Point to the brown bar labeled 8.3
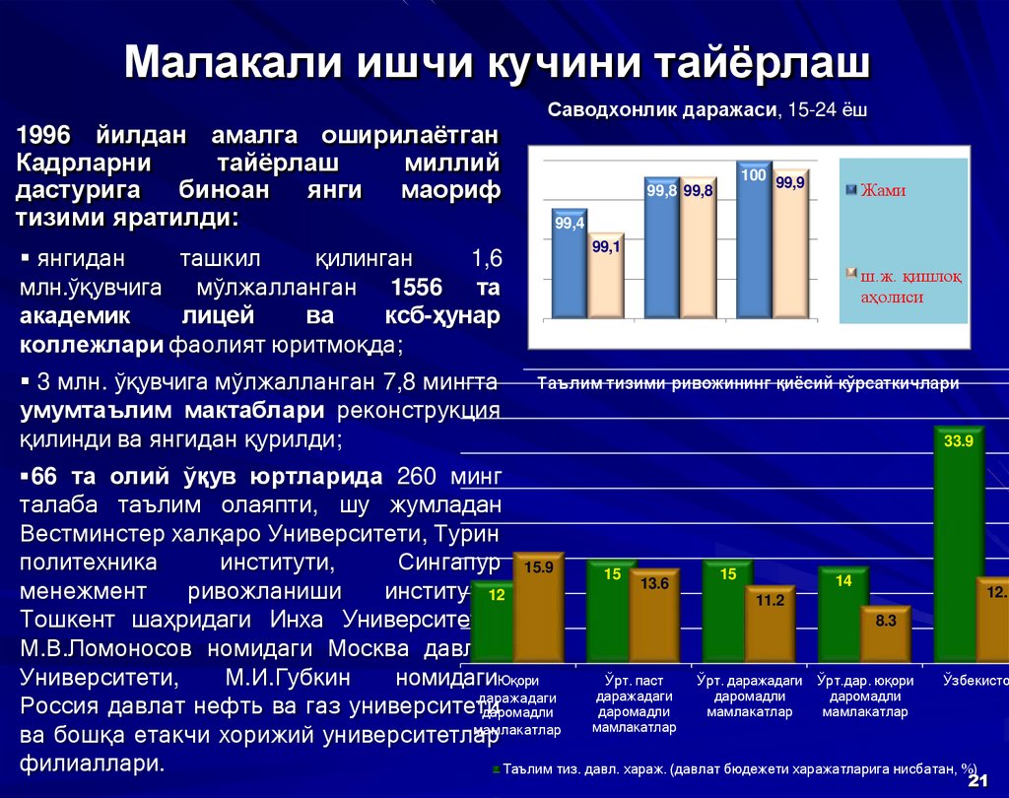885,634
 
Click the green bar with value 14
842,615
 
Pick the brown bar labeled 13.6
654,616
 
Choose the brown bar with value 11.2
770,625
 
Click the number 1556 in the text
417,288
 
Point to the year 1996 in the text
46,134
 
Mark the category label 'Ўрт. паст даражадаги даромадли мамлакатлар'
635,703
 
